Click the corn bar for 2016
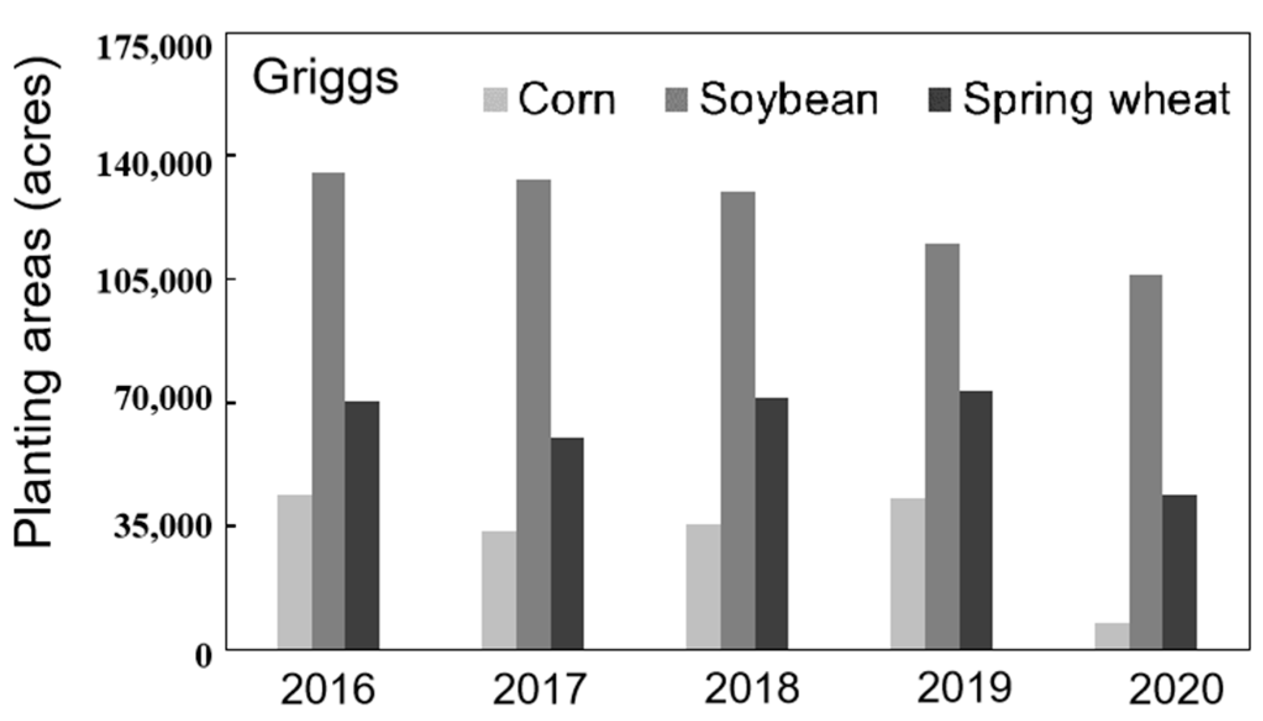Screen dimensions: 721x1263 tap(294, 572)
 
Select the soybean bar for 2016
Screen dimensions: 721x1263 tap(328, 411)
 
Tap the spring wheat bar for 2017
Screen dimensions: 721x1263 tap(567, 543)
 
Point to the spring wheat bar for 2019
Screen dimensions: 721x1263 tap(976, 520)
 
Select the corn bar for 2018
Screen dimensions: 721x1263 tap(703, 586)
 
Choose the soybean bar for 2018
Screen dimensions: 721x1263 tap(738, 420)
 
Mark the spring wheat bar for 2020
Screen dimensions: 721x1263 tap(1180, 572)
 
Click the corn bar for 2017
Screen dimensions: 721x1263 tap(499, 590)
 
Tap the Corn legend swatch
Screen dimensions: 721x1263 tap(495, 100)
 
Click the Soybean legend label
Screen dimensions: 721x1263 tap(788, 99)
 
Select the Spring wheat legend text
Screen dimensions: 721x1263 tap(1096, 101)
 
